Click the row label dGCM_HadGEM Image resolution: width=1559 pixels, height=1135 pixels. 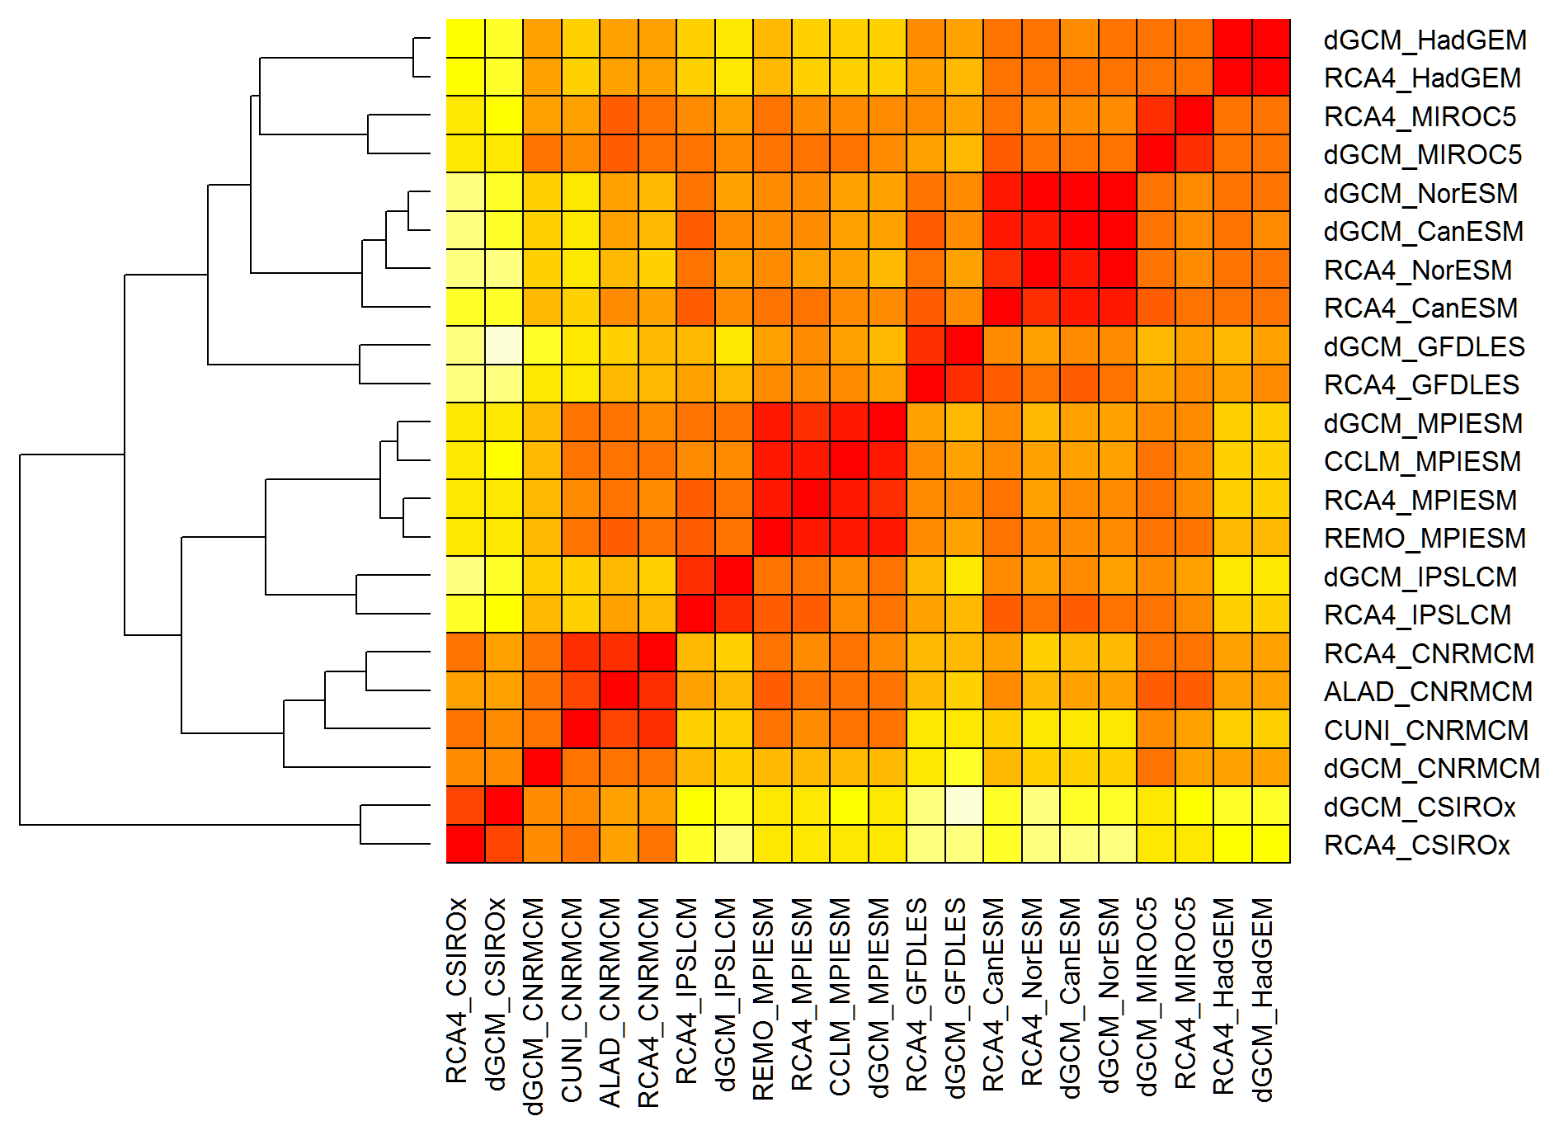tap(1425, 40)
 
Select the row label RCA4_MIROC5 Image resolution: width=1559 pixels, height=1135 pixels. tap(1420, 116)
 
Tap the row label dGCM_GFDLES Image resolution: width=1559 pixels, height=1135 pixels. tap(1424, 346)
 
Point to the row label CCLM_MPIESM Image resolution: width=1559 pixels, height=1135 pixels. tap(1422, 461)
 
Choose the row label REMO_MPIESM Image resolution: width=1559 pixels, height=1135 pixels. tap(1425, 538)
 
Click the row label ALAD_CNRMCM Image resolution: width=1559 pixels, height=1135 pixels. tap(1428, 691)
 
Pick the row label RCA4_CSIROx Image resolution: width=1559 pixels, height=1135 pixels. tap(1416, 845)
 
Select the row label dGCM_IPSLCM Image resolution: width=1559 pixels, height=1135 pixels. tap(1420, 577)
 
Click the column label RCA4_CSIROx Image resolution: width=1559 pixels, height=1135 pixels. tap(457, 990)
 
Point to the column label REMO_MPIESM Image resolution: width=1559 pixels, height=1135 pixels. tap(764, 999)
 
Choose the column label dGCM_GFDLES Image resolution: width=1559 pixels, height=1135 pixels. tap(956, 998)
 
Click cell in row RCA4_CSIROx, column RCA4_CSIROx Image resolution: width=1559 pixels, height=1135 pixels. tap(465, 844)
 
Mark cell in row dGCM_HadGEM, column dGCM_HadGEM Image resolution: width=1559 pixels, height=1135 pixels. tap(1271, 39)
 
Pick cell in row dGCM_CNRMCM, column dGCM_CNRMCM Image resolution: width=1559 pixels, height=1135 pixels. tap(542, 767)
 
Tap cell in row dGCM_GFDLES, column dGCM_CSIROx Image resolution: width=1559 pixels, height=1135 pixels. tap(504, 346)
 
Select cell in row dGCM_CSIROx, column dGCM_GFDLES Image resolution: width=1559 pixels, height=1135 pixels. tap(963, 806)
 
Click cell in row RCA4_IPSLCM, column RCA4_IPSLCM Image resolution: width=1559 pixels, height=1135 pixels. tap(695, 614)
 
